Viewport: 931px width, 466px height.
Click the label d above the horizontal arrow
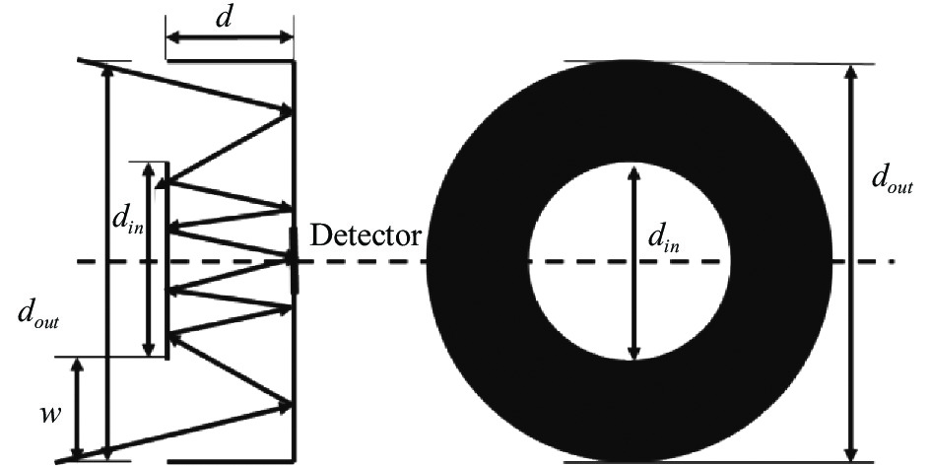(224, 17)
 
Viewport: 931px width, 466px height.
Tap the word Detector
(366, 235)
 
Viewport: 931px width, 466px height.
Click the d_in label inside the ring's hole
(663, 238)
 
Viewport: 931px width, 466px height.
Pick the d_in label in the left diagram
(128, 222)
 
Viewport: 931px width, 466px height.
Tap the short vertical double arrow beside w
(77, 409)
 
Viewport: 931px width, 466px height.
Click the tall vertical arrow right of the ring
(851, 263)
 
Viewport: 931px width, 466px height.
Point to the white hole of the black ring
(630, 261)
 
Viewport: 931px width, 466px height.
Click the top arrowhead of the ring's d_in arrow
(634, 174)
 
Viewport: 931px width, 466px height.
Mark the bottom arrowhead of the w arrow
(77, 452)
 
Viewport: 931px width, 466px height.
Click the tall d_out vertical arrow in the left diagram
(106, 261)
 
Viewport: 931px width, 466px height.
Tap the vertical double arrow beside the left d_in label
(149, 259)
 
